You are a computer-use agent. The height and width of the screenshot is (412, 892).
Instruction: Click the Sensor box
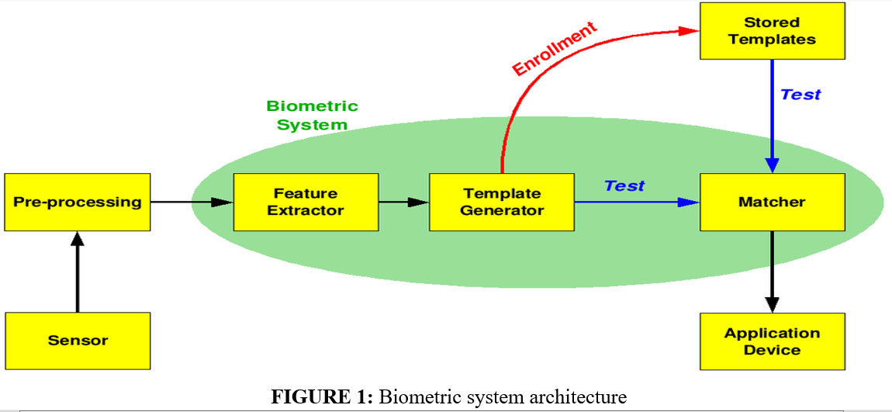pos(78,341)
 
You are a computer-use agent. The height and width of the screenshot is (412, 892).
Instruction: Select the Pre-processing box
pos(78,202)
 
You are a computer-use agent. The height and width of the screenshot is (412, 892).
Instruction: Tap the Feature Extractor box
pos(306,202)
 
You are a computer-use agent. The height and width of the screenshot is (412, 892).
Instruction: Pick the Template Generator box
pos(502,202)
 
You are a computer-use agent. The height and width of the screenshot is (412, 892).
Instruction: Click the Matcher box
pos(772,202)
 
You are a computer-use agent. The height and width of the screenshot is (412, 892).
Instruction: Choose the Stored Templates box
pos(772,31)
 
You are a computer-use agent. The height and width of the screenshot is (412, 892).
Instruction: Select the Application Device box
pos(772,341)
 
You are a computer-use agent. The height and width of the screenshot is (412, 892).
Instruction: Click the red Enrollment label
pos(555,48)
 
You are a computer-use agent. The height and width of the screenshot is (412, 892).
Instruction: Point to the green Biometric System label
pos(312,115)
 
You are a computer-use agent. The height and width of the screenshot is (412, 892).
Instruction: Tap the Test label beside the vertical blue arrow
pos(800,95)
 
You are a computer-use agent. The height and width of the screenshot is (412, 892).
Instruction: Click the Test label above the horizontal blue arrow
pos(624,186)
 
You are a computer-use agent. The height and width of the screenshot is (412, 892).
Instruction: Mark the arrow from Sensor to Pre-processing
pos(78,272)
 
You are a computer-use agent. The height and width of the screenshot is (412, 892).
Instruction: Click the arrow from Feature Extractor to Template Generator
pos(403,202)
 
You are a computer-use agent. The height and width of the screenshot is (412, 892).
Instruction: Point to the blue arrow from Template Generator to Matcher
pos(636,202)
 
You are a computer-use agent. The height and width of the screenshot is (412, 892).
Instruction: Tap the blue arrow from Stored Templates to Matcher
pos(772,116)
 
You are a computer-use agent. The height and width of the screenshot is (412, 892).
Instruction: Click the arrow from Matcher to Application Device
pos(772,272)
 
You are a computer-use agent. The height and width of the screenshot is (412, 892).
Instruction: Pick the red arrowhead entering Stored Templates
pos(689,31)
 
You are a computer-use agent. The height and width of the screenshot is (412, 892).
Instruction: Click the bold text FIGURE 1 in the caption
pos(320,398)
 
